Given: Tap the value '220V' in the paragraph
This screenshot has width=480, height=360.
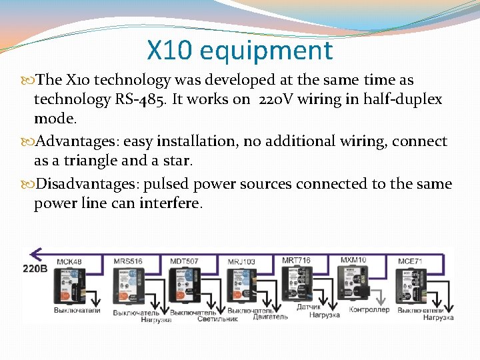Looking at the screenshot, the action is click(271, 100).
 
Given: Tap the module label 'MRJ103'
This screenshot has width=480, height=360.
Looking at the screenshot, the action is click(241, 261).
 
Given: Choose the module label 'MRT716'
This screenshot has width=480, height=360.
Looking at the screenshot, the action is click(296, 259).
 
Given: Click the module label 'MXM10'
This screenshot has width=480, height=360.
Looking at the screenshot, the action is click(353, 259).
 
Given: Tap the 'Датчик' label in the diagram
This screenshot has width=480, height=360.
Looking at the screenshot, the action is click(309, 307).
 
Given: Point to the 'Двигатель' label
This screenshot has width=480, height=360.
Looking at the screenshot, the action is click(270, 317).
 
